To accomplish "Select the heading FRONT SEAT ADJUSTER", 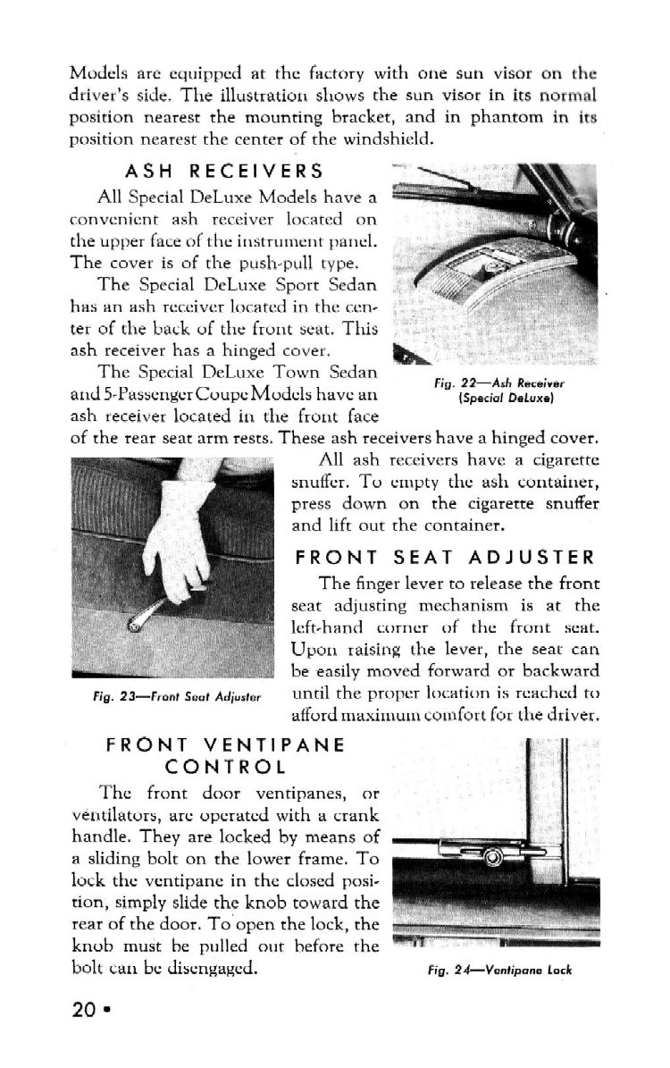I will point(445,558).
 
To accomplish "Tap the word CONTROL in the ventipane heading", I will point(224,767).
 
